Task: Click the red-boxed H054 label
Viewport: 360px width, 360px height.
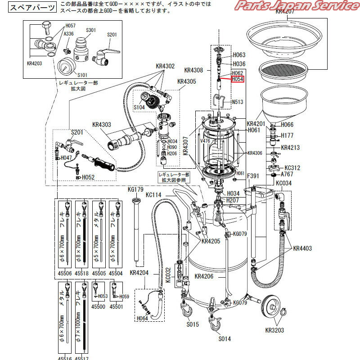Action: tap(238, 79)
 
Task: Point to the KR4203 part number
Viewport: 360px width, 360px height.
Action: tap(34, 63)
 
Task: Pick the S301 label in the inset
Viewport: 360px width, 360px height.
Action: tap(91, 30)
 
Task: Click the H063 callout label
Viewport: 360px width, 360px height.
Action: tap(239, 55)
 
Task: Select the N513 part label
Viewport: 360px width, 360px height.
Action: tap(238, 102)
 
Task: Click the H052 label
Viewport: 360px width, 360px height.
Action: tap(88, 177)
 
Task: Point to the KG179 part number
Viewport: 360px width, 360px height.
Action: tap(135, 189)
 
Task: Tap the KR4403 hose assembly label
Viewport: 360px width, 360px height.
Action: tap(302, 248)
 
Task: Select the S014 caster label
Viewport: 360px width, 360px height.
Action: tap(225, 339)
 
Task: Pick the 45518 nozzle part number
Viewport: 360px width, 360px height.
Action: tap(82, 273)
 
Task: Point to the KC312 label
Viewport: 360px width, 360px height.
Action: tap(292, 167)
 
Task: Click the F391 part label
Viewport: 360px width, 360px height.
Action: tap(255, 175)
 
